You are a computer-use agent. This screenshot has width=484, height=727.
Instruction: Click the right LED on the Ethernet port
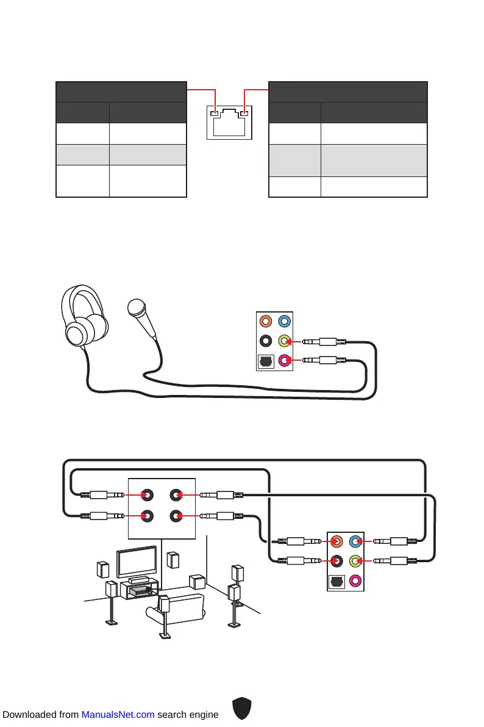244,112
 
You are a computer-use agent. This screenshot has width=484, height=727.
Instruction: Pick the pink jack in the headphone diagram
283,360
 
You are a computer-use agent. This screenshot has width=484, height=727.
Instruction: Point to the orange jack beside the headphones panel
265,321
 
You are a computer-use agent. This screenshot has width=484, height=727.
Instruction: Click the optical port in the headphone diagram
265,360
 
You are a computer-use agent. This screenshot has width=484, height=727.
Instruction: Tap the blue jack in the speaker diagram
355,541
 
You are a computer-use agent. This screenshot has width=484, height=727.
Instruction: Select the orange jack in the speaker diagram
336,541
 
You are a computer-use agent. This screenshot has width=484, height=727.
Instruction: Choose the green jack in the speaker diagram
355,560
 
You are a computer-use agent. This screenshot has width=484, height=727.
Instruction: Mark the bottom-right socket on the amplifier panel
176,516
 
